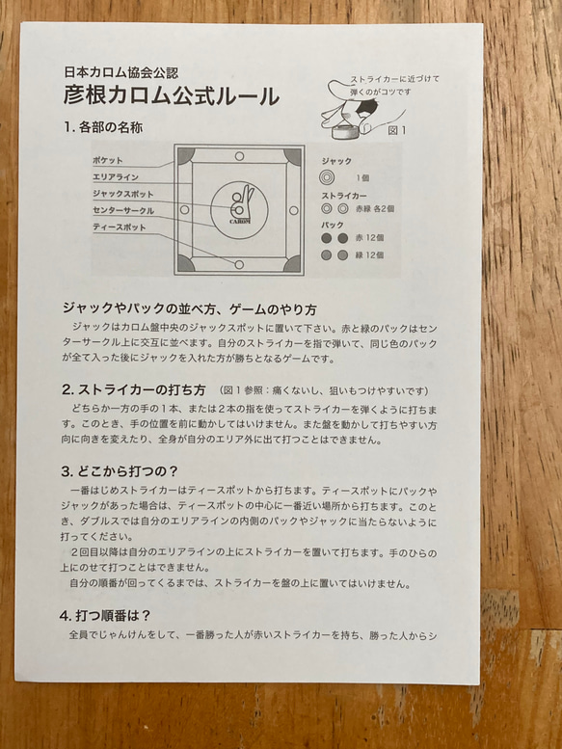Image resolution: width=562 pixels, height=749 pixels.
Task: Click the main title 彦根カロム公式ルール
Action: pyautogui.click(x=171, y=96)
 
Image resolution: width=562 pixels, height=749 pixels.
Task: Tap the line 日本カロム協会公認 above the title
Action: pyautogui.click(x=120, y=71)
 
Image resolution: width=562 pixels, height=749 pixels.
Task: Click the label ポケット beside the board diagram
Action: pyautogui.click(x=108, y=160)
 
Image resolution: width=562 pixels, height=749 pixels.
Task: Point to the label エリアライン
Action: pyautogui.click(x=115, y=177)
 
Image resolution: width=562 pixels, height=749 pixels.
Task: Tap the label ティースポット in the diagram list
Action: pyautogui.click(x=119, y=227)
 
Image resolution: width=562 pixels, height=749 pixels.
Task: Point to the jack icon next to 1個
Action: pyautogui.click(x=328, y=177)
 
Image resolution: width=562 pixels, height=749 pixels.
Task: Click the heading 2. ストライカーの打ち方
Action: pyautogui.click(x=134, y=389)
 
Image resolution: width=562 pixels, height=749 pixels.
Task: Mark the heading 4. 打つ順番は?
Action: pyautogui.click(x=109, y=614)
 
